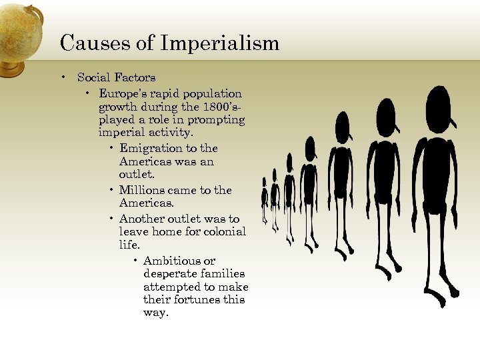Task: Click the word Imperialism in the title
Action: (x=220, y=44)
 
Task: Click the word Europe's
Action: (x=121, y=93)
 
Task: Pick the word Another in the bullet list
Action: (x=141, y=219)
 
